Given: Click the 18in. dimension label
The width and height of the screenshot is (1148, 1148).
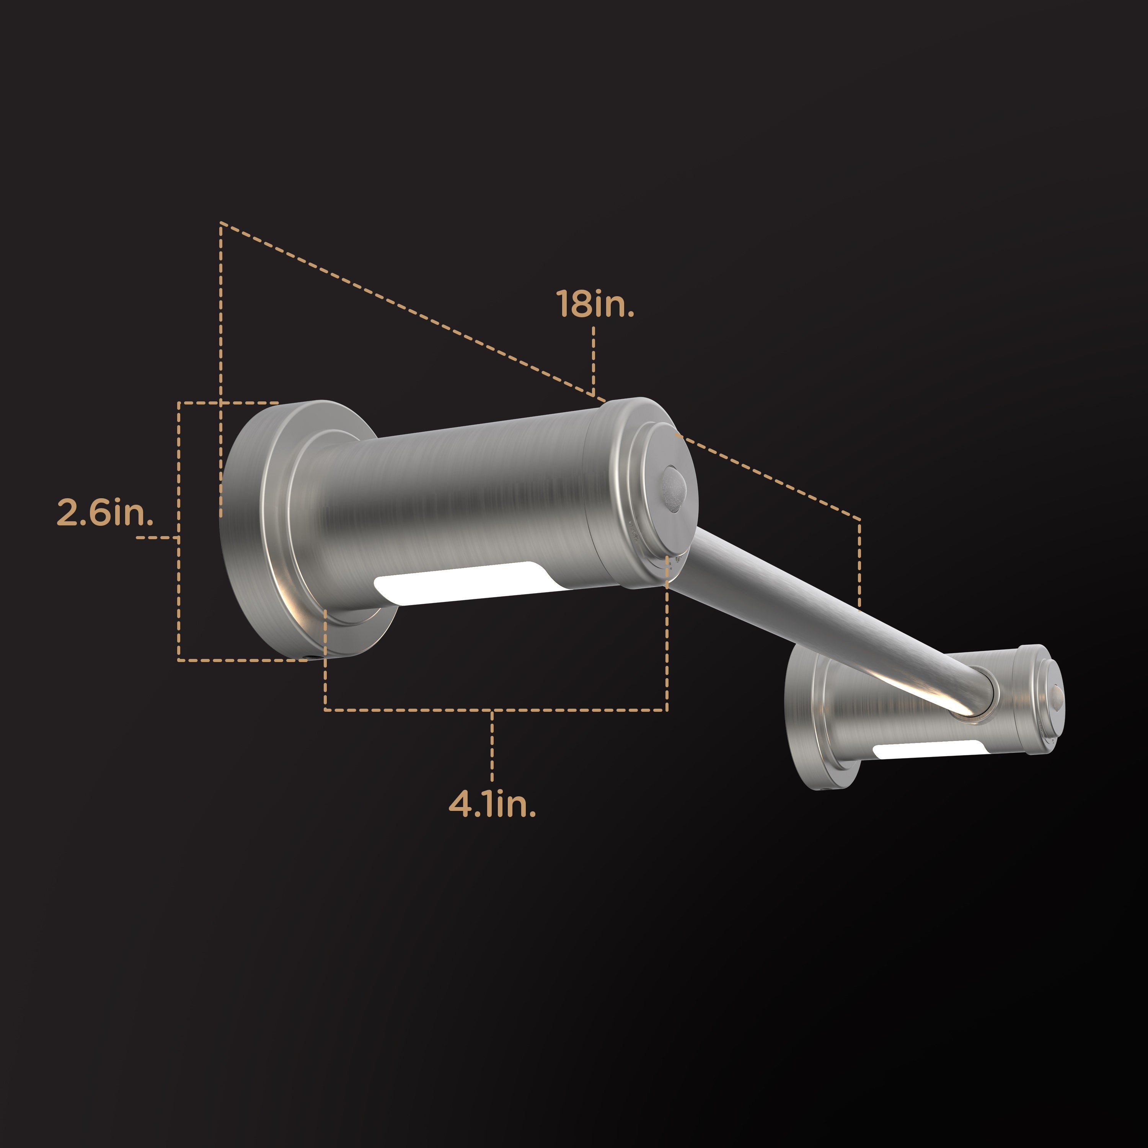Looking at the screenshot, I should click(x=595, y=303).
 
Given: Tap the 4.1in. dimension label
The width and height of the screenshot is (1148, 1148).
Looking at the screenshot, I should click(x=492, y=804).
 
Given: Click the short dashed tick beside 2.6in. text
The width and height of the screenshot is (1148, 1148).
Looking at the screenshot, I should click(x=156, y=537).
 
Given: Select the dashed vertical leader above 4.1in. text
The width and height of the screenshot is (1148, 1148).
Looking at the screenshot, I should click(x=492, y=746).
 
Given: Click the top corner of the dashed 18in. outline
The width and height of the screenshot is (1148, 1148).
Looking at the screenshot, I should click(x=221, y=224).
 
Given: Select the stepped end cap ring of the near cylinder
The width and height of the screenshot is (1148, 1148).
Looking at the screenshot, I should click(x=630, y=493).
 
